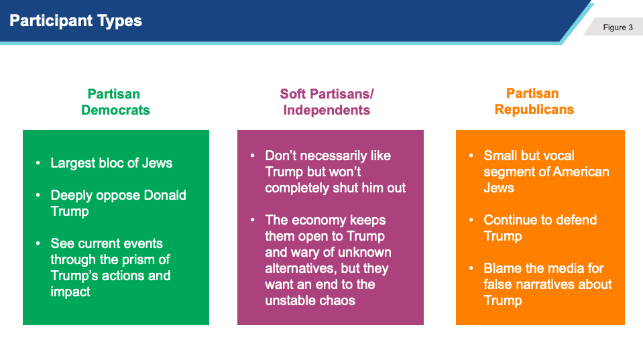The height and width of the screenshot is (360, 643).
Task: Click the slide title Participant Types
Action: point(76,21)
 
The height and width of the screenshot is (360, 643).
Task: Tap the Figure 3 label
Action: point(618,27)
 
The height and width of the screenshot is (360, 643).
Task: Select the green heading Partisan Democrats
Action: point(115,102)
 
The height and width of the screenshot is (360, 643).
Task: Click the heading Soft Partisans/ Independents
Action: point(327,102)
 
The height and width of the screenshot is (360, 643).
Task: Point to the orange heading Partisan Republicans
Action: point(534,101)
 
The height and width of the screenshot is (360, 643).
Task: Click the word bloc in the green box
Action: point(111,163)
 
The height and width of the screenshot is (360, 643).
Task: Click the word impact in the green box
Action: point(70,292)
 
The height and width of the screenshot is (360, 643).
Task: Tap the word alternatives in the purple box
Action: point(301,269)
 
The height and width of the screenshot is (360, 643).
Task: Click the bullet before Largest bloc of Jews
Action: point(38,163)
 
